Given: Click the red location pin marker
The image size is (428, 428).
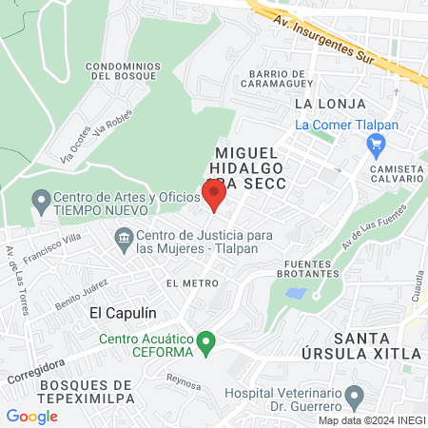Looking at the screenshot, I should tap(214, 196).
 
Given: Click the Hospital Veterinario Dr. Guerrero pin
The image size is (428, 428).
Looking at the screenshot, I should tap(355, 394).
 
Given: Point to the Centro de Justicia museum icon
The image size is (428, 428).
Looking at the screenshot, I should tap(124, 237).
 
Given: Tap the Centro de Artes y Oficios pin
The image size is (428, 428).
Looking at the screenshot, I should tap(40, 201).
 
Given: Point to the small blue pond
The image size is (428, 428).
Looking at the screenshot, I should tap(296, 294).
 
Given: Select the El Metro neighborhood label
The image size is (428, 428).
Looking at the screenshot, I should tap(186, 283).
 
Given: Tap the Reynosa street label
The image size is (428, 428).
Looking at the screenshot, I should tap(184, 383).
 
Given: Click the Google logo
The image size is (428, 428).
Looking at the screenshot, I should tap(31, 416).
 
